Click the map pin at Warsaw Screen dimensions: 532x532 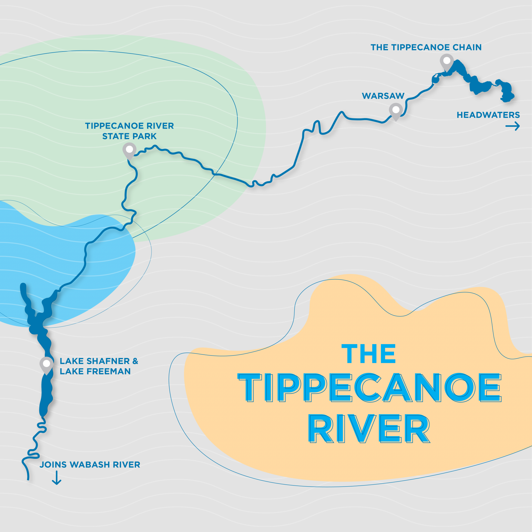396,110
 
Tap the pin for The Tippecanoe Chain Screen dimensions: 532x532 447,61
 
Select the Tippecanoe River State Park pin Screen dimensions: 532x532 129,150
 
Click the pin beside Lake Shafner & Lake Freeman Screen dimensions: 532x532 47,364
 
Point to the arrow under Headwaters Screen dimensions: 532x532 512,126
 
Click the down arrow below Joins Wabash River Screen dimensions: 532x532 57,478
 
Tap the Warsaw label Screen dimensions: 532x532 383,96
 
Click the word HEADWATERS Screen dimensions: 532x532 488,115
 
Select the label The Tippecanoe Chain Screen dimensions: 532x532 426,47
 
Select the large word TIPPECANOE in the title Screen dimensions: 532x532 370,387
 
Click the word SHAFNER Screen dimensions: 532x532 108,361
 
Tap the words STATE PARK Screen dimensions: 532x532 129,136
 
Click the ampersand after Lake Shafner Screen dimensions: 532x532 135,361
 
